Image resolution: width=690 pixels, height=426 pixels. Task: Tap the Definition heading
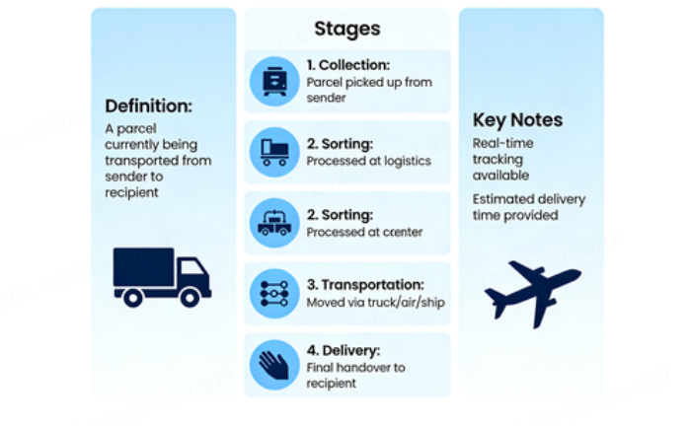(x=148, y=106)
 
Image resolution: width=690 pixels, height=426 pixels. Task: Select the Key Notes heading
(x=517, y=120)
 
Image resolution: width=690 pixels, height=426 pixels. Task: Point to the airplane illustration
(x=532, y=292)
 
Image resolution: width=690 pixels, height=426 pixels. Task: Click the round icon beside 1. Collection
(x=274, y=81)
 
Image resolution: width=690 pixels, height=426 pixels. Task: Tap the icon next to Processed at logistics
(x=274, y=152)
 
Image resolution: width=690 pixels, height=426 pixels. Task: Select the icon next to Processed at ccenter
(x=274, y=223)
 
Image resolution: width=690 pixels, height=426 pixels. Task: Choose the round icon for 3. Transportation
(x=274, y=293)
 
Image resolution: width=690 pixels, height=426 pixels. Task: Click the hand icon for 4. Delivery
(x=274, y=364)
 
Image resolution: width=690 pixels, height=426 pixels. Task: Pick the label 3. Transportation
(x=364, y=284)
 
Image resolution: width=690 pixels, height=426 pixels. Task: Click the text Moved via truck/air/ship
(x=376, y=302)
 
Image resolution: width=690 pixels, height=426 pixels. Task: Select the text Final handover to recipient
(x=354, y=376)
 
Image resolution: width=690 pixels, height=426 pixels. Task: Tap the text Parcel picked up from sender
(x=368, y=90)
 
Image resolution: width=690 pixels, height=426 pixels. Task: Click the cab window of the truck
(x=194, y=268)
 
